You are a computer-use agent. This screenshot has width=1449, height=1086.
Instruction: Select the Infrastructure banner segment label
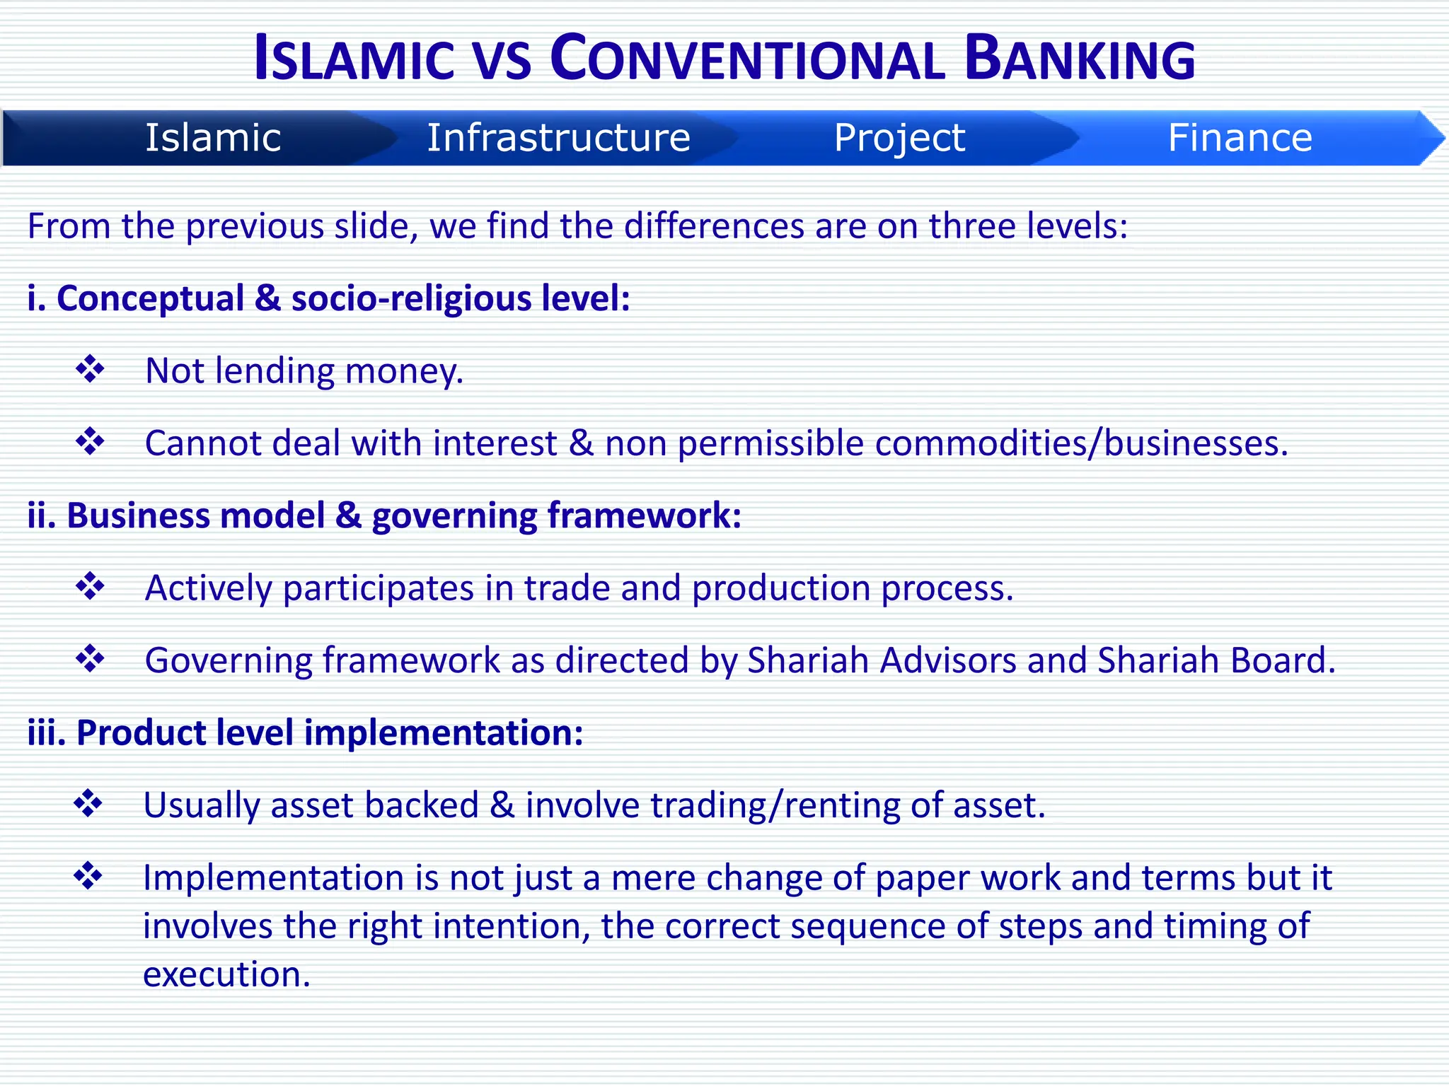(x=558, y=137)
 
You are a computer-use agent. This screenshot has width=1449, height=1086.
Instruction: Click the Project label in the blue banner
(x=899, y=137)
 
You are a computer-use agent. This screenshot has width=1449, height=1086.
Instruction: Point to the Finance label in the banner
(x=1240, y=137)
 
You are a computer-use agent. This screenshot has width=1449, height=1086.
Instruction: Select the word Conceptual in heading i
(x=150, y=298)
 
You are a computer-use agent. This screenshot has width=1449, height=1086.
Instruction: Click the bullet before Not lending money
(x=90, y=369)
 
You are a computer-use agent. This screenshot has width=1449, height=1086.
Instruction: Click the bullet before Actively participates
(x=90, y=586)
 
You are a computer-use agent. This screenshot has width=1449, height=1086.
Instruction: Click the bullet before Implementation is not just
(x=88, y=876)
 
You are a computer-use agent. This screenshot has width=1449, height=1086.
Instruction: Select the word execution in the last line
(x=226, y=974)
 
